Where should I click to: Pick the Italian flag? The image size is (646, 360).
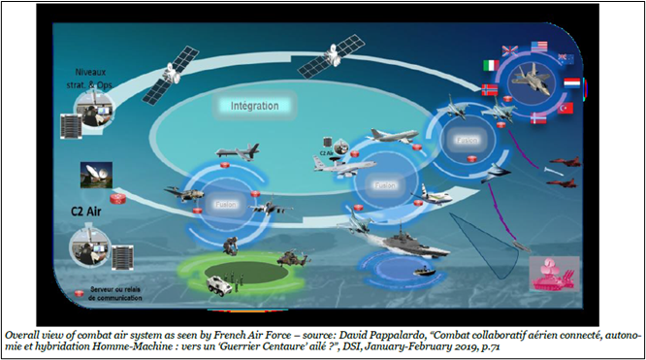pyautogui.click(x=491, y=65)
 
